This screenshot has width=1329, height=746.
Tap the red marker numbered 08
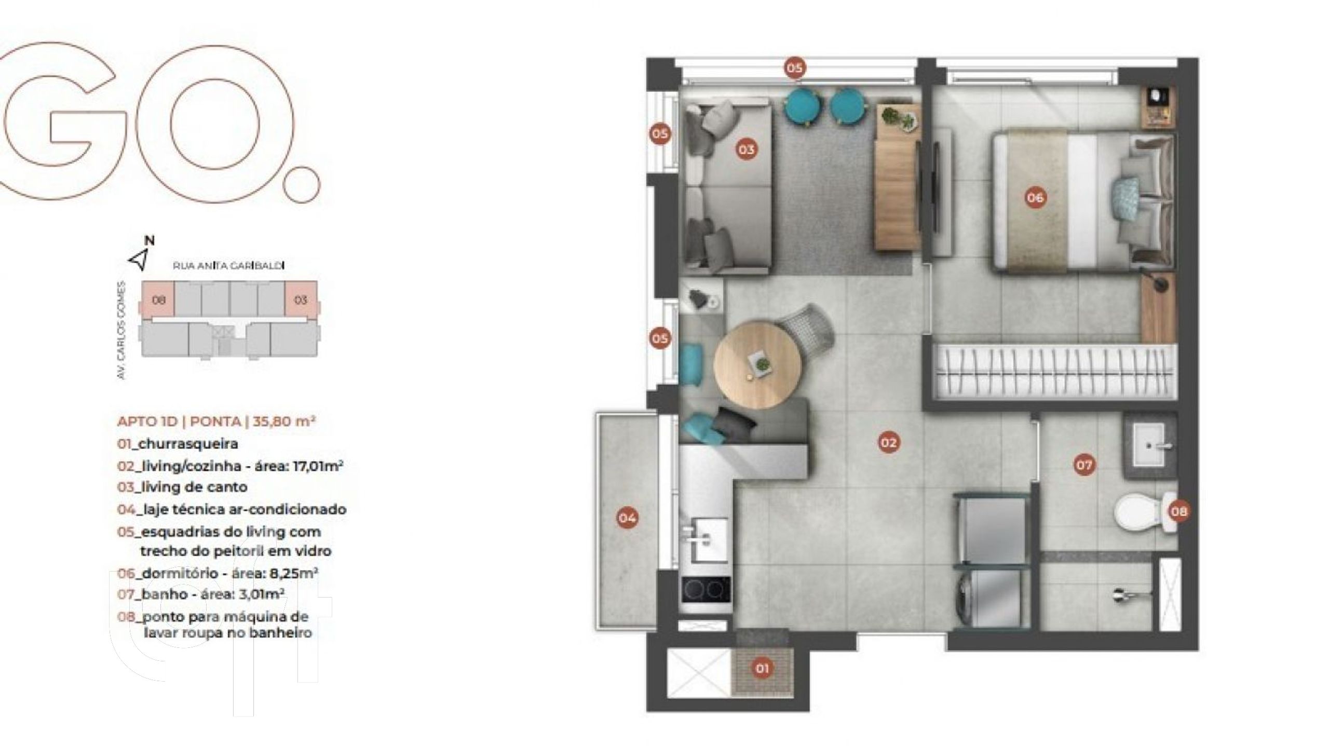[1178, 511]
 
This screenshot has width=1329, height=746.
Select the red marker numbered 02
[888, 442]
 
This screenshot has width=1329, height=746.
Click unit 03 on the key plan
[301, 300]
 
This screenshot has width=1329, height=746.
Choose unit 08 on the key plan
[158, 300]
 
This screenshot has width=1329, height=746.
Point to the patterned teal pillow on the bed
[1125, 200]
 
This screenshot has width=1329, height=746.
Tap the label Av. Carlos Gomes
[122, 330]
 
